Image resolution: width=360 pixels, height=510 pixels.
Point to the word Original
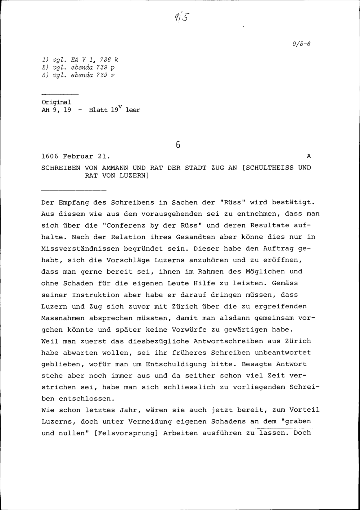pyautogui.click(x=57, y=102)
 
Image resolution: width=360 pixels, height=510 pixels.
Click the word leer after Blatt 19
pyautogui.click(x=132, y=110)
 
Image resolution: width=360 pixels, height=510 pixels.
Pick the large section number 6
pyautogui.click(x=178, y=145)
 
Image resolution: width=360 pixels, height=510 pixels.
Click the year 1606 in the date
pyautogui.click(x=50, y=157)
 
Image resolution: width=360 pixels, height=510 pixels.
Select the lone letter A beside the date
pyautogui.click(x=308, y=157)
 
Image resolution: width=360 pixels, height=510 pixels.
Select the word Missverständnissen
pyautogui.click(x=80, y=249)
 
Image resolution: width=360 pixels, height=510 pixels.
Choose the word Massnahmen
pyautogui.click(x=63, y=318)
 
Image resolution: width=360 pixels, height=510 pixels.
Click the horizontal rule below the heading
pyautogui.click(x=74, y=190)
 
